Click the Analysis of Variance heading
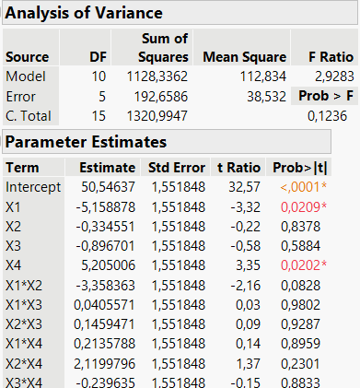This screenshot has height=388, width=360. [x=85, y=14]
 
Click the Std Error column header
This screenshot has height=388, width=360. [x=176, y=167]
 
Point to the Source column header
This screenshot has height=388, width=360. [x=28, y=56]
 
